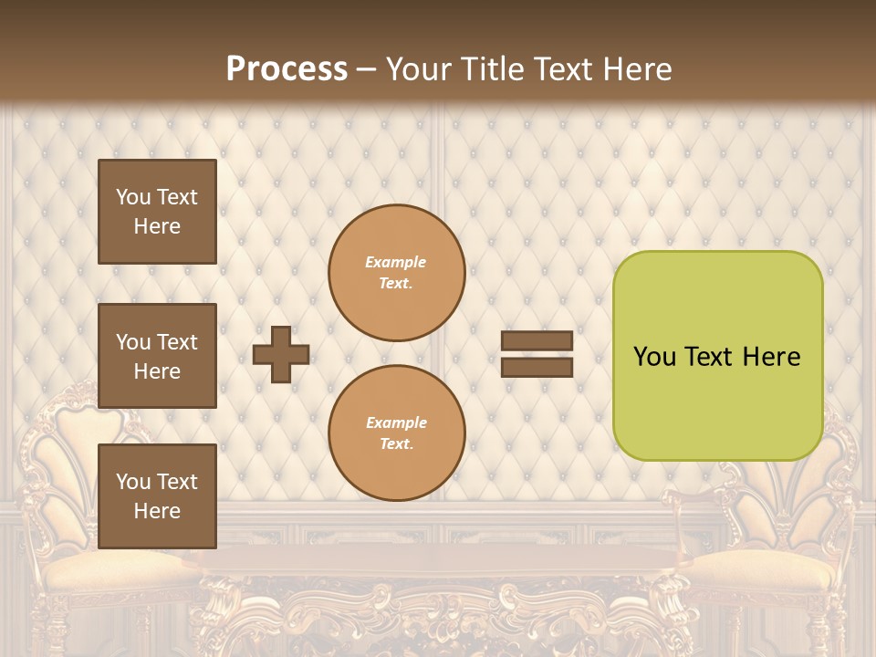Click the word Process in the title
pyautogui.click(x=287, y=69)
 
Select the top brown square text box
pyautogui.click(x=157, y=212)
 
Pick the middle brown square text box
pyautogui.click(x=157, y=356)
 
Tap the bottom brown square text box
pyautogui.click(x=157, y=495)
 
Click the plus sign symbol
pyautogui.click(x=281, y=354)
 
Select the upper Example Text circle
pyautogui.click(x=396, y=272)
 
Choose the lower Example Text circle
pyautogui.click(x=396, y=433)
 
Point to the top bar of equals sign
pyautogui.click(x=537, y=341)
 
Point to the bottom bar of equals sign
pyautogui.click(x=537, y=368)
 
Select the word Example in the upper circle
pyautogui.click(x=396, y=262)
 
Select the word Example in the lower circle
pyautogui.click(x=396, y=422)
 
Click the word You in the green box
pyautogui.click(x=654, y=357)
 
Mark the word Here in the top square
pyautogui.click(x=157, y=226)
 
